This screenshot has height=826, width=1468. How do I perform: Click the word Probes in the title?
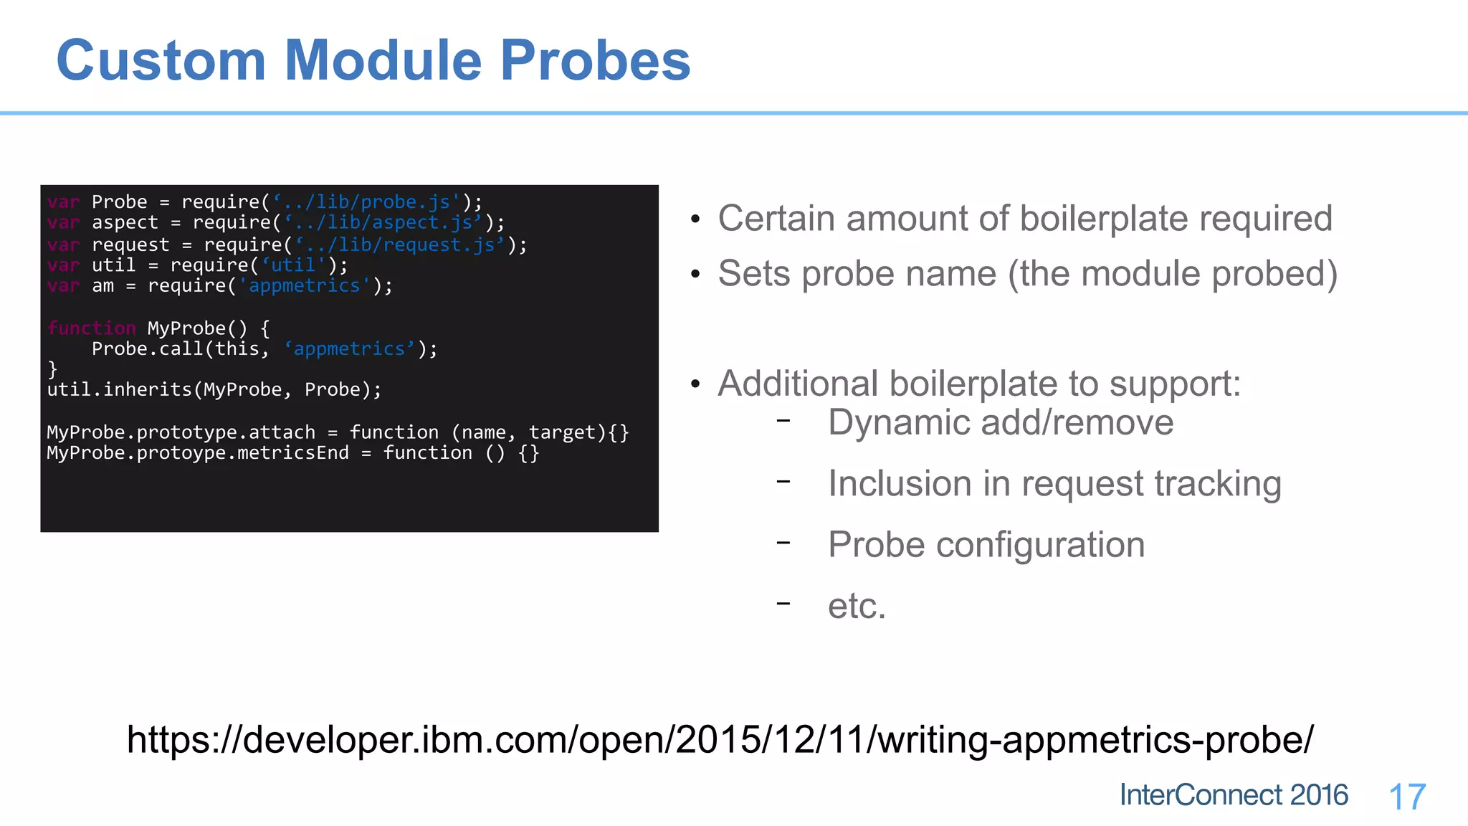tap(595, 61)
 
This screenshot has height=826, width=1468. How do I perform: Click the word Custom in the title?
tap(161, 61)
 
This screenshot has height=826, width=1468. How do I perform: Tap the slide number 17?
tap(1407, 797)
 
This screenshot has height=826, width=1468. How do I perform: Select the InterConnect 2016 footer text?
tap(1234, 795)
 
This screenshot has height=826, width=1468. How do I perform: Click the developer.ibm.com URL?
tap(720, 739)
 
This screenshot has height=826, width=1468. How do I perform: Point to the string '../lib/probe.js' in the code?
tap(366, 202)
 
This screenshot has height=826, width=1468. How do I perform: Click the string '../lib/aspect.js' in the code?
tap(383, 223)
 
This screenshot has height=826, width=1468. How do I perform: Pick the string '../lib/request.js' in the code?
tap(400, 245)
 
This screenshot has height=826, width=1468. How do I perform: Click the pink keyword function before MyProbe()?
tap(91, 328)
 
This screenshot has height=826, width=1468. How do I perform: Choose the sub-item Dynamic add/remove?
tap(1001, 422)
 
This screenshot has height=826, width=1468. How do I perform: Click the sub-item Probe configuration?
tap(986, 545)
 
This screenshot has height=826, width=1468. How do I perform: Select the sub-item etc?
tap(857, 607)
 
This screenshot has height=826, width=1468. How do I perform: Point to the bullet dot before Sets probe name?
tap(695, 275)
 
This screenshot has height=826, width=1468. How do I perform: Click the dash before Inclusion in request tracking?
tap(783, 481)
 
